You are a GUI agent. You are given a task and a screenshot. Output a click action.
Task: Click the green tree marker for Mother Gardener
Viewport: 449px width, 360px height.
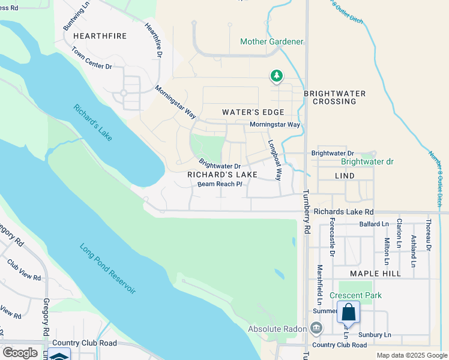coord(276,76)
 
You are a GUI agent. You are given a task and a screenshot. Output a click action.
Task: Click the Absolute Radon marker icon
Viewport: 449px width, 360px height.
coord(316,329)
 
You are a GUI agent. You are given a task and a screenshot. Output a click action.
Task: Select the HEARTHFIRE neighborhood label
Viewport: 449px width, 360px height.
coord(100,36)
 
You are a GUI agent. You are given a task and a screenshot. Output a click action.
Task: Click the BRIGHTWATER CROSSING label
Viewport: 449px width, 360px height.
coord(338,98)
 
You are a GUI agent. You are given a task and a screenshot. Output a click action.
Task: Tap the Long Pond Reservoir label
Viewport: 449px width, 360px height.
coord(107,268)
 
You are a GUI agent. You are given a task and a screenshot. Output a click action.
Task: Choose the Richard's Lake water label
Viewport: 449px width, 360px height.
coord(93,123)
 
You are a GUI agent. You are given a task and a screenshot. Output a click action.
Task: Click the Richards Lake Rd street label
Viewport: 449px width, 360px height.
coord(343,212)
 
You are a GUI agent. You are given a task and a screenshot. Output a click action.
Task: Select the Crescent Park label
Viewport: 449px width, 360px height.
coord(355,295)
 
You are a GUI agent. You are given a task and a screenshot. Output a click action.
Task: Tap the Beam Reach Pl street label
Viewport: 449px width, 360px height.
coord(220,184)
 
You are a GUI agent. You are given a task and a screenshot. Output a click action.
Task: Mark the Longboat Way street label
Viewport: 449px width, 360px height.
coord(274,160)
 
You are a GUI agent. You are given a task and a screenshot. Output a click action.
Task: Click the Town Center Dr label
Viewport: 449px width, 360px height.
coord(92,58)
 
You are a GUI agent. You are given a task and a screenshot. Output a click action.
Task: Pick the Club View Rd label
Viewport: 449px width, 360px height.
coord(24,271)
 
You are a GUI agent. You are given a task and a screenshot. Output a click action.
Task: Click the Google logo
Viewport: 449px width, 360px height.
coord(20,352)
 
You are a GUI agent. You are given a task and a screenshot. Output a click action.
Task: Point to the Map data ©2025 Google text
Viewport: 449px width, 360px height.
coord(411,355)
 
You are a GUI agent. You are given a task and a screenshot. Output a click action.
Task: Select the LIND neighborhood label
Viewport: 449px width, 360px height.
coord(344,176)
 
